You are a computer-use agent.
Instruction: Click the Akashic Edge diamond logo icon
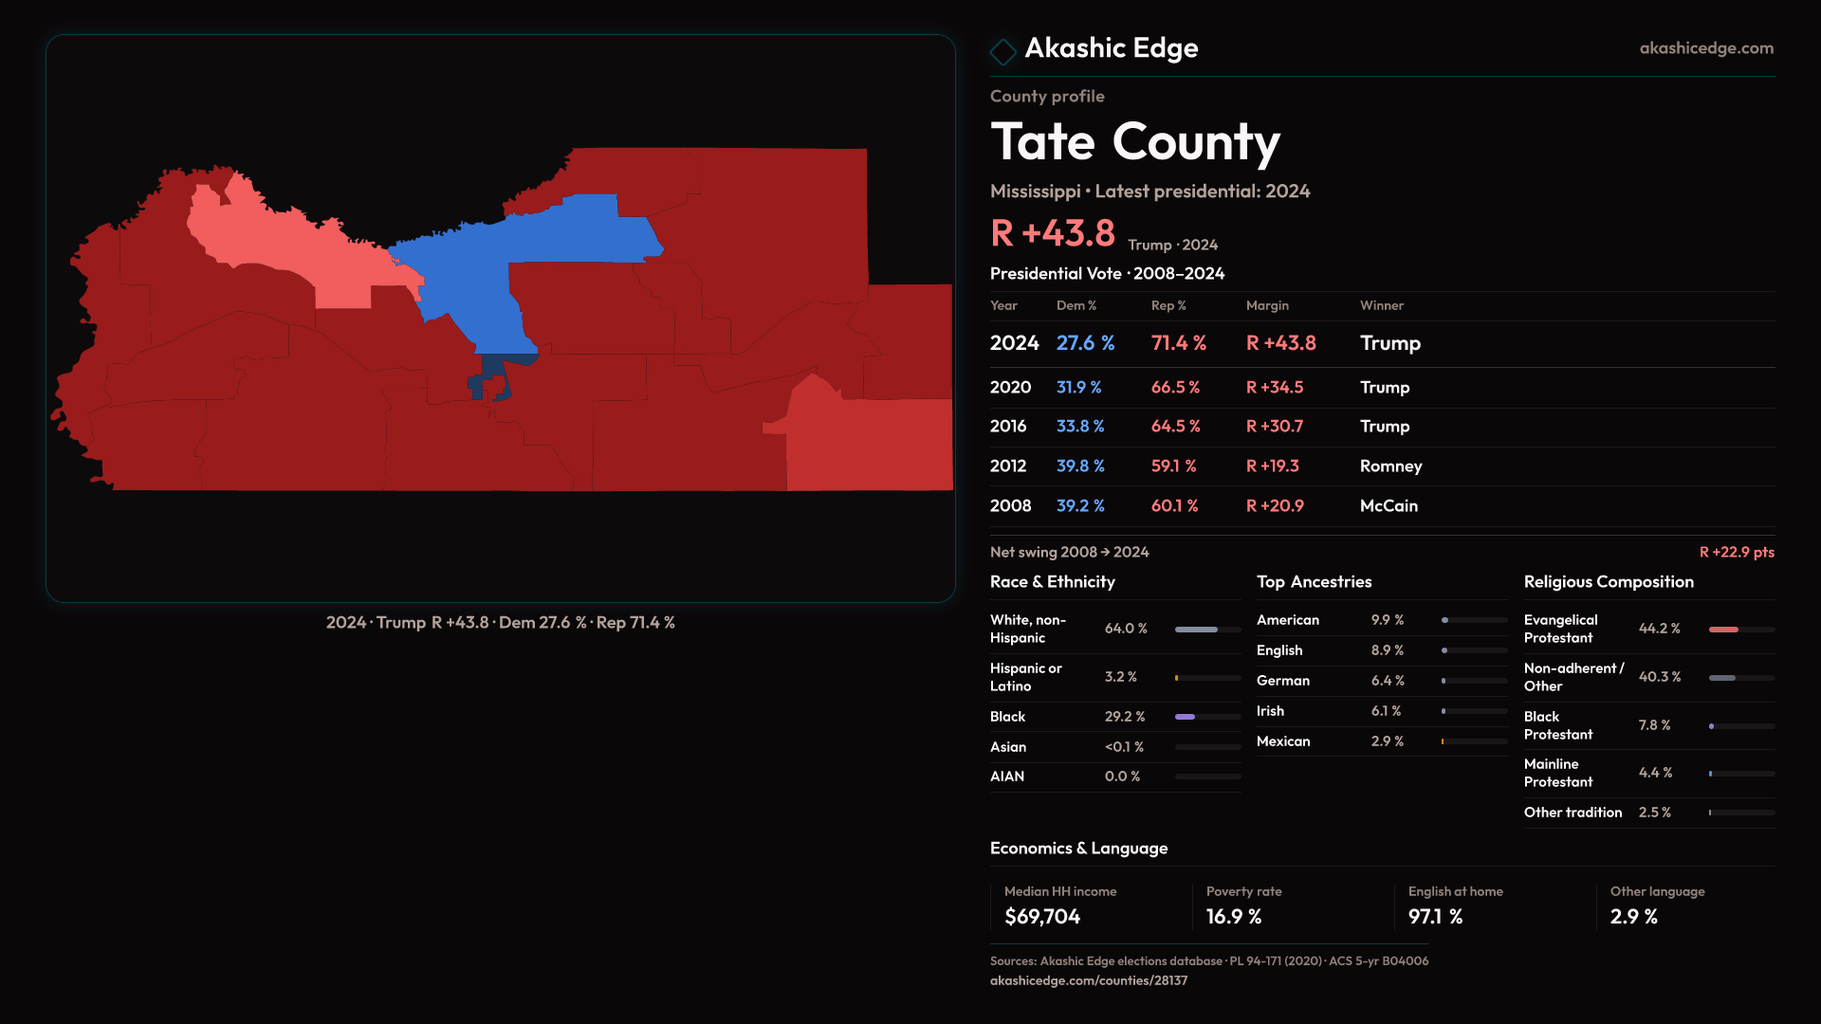pyautogui.click(x=1002, y=51)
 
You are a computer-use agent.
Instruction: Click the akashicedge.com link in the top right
pyautogui.click(x=1705, y=48)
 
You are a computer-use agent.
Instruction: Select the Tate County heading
pyautogui.click(x=1134, y=142)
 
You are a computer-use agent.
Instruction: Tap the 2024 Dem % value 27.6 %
pyautogui.click(x=1085, y=343)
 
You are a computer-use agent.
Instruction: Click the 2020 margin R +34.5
pyautogui.click(x=1274, y=388)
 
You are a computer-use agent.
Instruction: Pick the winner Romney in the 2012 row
pyautogui.click(x=1390, y=466)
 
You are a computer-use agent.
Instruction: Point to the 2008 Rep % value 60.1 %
pyautogui.click(x=1174, y=506)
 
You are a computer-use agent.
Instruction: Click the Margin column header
pyautogui.click(x=1267, y=306)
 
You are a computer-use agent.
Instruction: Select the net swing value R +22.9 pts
pyautogui.click(x=1736, y=553)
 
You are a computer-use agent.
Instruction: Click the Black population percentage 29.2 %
pyautogui.click(x=1125, y=717)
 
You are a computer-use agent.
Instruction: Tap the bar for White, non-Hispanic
pyautogui.click(x=1207, y=630)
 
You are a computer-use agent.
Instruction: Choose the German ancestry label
pyautogui.click(x=1282, y=681)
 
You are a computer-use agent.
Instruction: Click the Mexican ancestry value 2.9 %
pyautogui.click(x=1387, y=741)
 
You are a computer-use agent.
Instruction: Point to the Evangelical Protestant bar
pyautogui.click(x=1740, y=630)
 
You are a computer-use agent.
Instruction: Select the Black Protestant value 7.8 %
pyautogui.click(x=1654, y=725)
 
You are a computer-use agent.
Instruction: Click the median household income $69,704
pyautogui.click(x=1041, y=917)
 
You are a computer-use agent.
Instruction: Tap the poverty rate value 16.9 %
pyautogui.click(x=1233, y=917)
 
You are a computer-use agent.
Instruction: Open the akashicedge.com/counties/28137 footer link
pyautogui.click(x=1088, y=981)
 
